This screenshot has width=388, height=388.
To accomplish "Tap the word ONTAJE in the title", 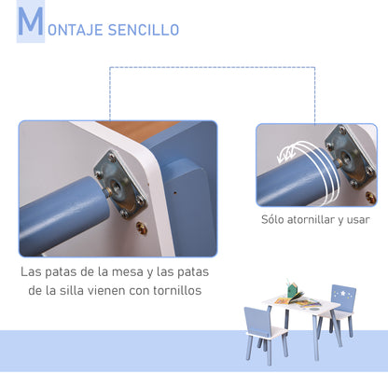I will [x=73, y=30].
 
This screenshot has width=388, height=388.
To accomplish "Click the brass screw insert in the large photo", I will [x=142, y=227].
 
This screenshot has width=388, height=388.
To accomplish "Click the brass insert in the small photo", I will [x=370, y=197].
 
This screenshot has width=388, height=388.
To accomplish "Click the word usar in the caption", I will [x=358, y=220].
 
